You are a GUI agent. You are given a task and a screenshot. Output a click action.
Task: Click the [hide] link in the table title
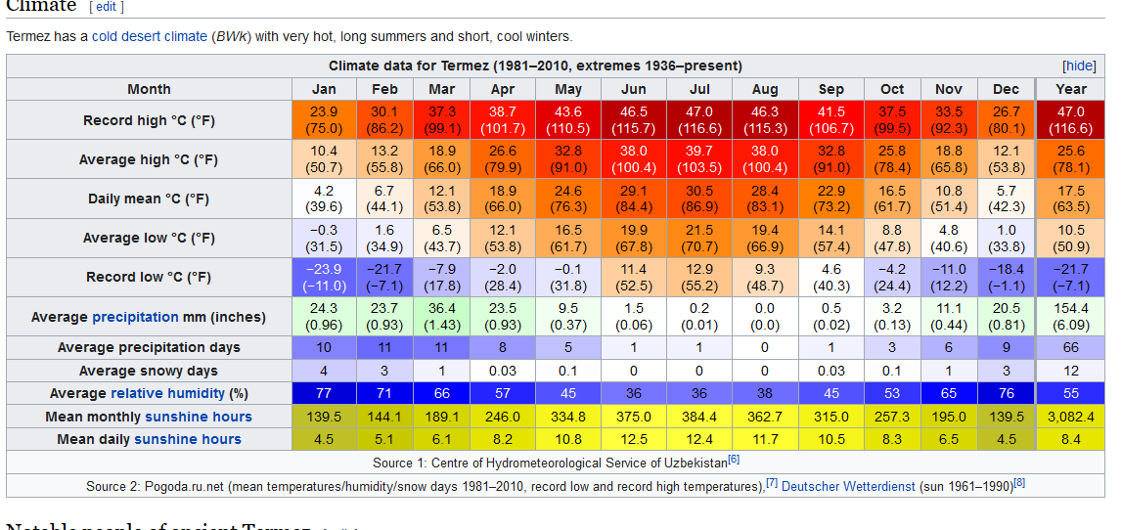pyautogui.click(x=1079, y=66)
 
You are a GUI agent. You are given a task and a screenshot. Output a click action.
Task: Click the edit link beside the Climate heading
pyautogui.click(x=107, y=6)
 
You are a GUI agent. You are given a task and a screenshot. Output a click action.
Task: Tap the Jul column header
pyautogui.click(x=699, y=89)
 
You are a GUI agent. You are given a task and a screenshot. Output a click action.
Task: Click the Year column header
pyautogui.click(x=1071, y=89)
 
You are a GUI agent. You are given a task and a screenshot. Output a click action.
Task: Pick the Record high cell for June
pyautogui.click(x=634, y=120)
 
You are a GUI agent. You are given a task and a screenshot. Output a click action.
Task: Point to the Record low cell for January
pyautogui.click(x=324, y=277)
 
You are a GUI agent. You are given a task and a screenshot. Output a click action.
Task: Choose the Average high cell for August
pyautogui.click(x=765, y=159)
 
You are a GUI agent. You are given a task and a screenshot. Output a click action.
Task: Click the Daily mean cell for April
pyautogui.click(x=503, y=199)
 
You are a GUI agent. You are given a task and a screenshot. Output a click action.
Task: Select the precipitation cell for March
pyautogui.click(x=442, y=316)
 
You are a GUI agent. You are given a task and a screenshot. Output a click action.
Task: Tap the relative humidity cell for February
pyautogui.click(x=384, y=393)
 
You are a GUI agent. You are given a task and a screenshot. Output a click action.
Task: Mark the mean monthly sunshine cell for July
pyautogui.click(x=699, y=417)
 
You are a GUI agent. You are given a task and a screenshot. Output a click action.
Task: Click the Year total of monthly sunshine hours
pyautogui.click(x=1071, y=417)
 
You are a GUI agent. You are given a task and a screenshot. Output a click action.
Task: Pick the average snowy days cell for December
pyautogui.click(x=1006, y=371)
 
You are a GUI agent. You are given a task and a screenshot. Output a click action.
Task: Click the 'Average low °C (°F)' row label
pyautogui.click(x=149, y=238)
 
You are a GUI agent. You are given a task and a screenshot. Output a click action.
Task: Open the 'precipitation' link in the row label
pyautogui.click(x=135, y=317)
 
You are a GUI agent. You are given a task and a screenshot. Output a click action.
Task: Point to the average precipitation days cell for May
pyautogui.click(x=568, y=347)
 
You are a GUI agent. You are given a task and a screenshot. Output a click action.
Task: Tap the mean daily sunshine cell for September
pyautogui.click(x=830, y=439)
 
